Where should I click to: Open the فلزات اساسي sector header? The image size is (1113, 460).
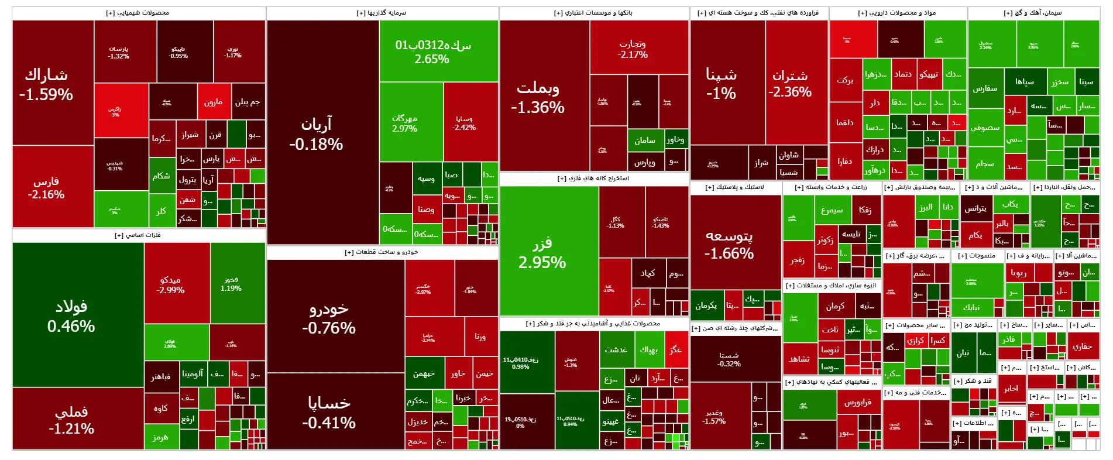pos(138,235)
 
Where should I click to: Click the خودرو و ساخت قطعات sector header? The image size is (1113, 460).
pos(382,252)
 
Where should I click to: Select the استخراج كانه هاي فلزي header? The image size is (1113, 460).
pos(593,178)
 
